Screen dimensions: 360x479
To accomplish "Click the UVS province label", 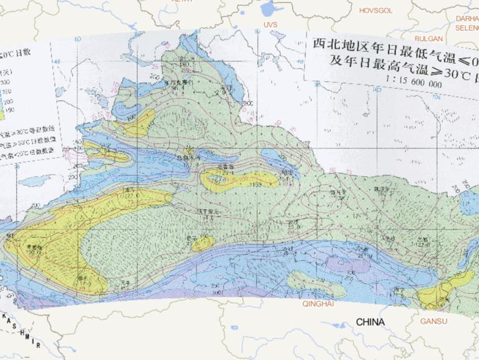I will coord(269,24).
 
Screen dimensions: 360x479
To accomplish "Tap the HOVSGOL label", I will coord(376,10).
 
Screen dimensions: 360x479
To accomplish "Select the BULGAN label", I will coord(427,37).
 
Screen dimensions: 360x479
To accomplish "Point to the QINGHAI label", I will coord(318,304).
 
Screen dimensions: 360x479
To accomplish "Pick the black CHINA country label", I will coord(370,322).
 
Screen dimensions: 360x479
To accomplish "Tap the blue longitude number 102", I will coord(379,90).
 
